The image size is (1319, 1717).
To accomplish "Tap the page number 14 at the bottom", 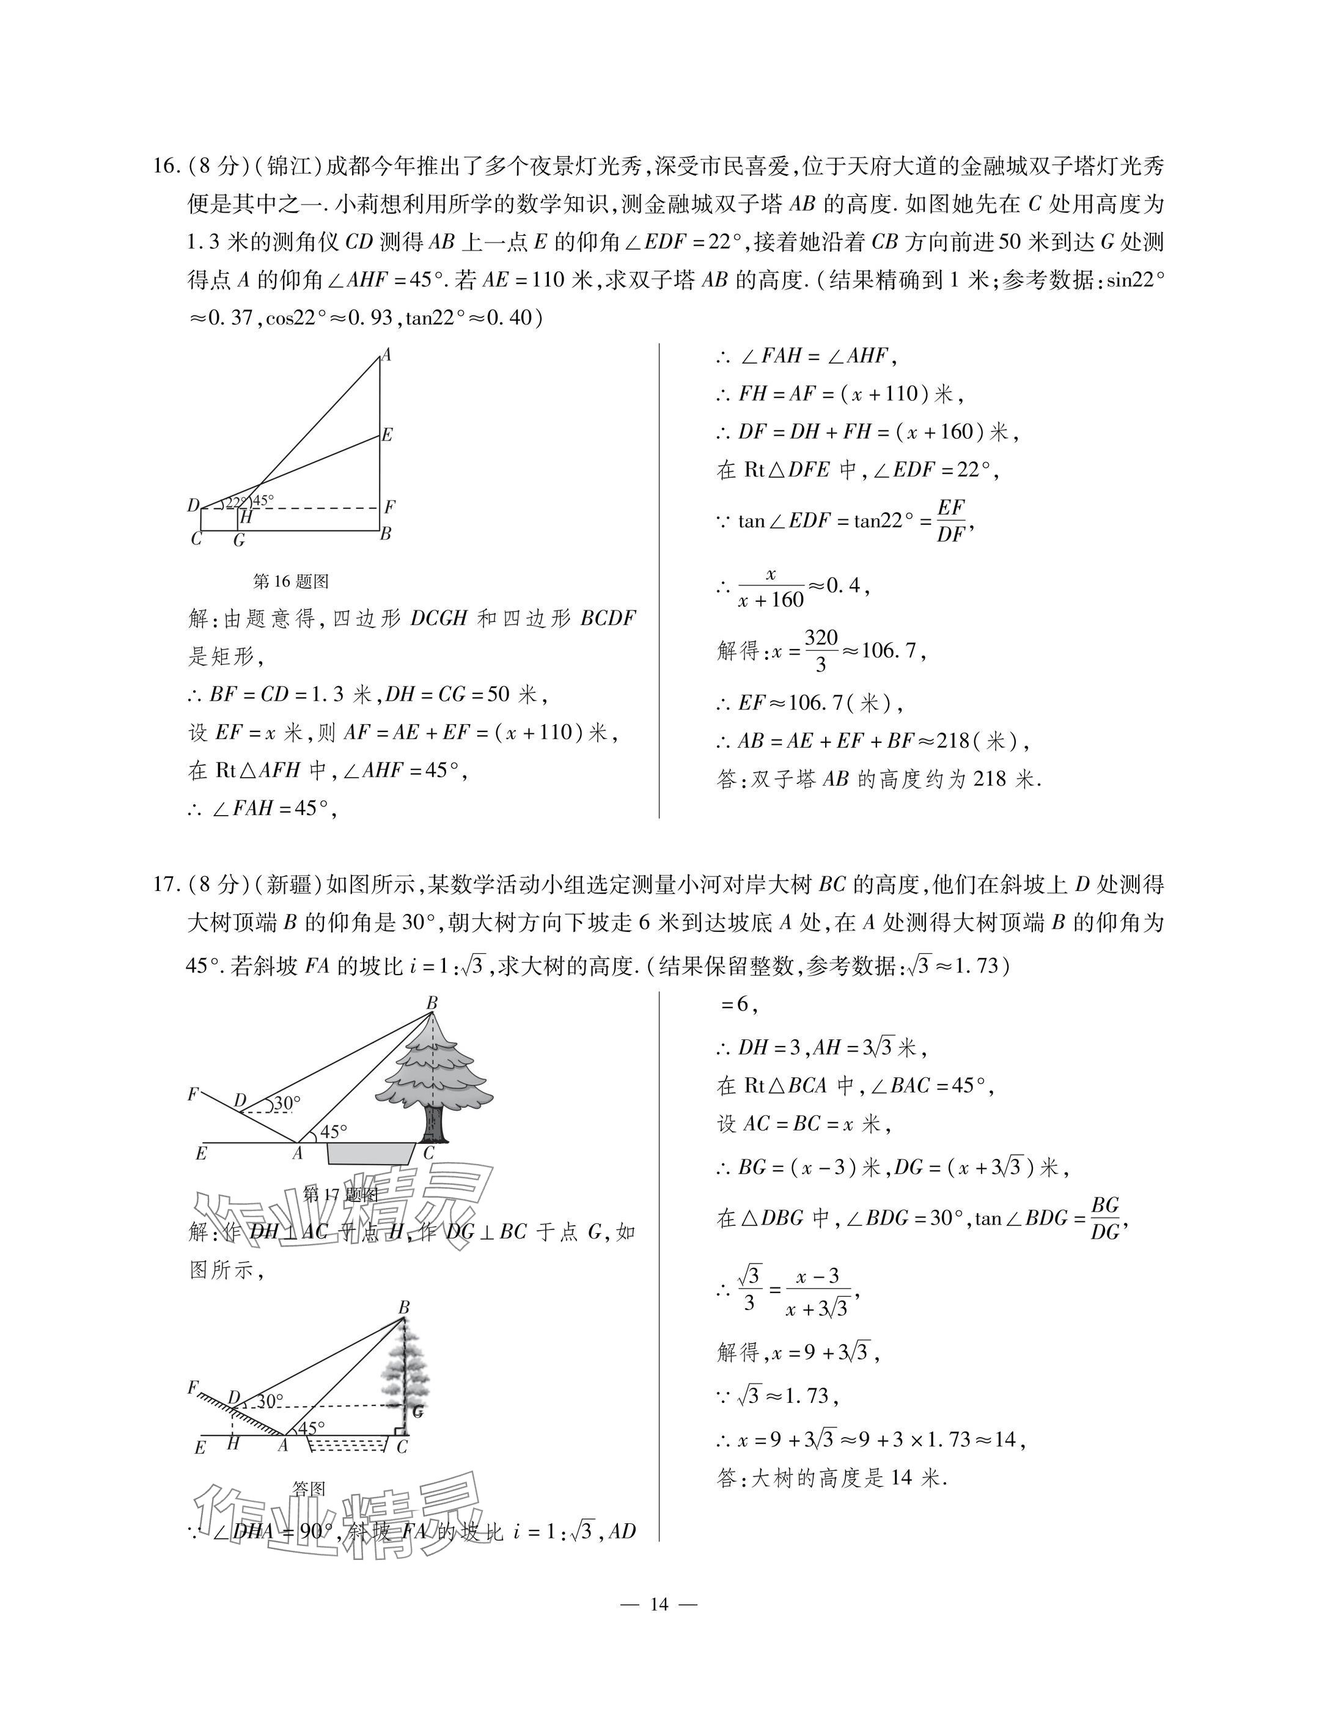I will click(659, 1604).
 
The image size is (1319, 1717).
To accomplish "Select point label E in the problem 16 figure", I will click(387, 434).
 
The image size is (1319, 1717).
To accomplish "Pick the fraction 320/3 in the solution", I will click(821, 651).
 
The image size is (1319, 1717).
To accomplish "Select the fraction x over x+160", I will click(771, 588).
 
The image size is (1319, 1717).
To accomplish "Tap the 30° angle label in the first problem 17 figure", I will click(287, 1104).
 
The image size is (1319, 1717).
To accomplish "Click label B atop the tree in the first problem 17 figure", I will click(431, 1003).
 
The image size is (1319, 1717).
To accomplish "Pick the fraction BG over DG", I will click(1106, 1218).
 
